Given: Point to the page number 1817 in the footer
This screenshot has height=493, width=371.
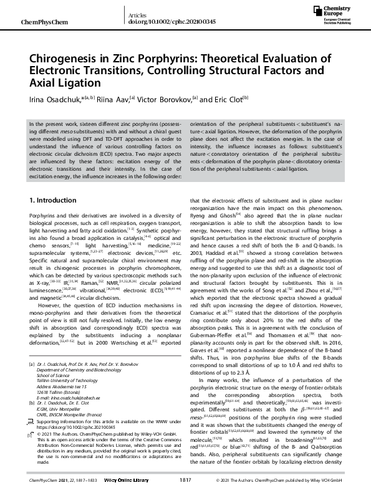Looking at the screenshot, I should pos(185,482).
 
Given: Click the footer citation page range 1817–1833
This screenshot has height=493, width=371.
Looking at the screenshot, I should pos(87,482).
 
